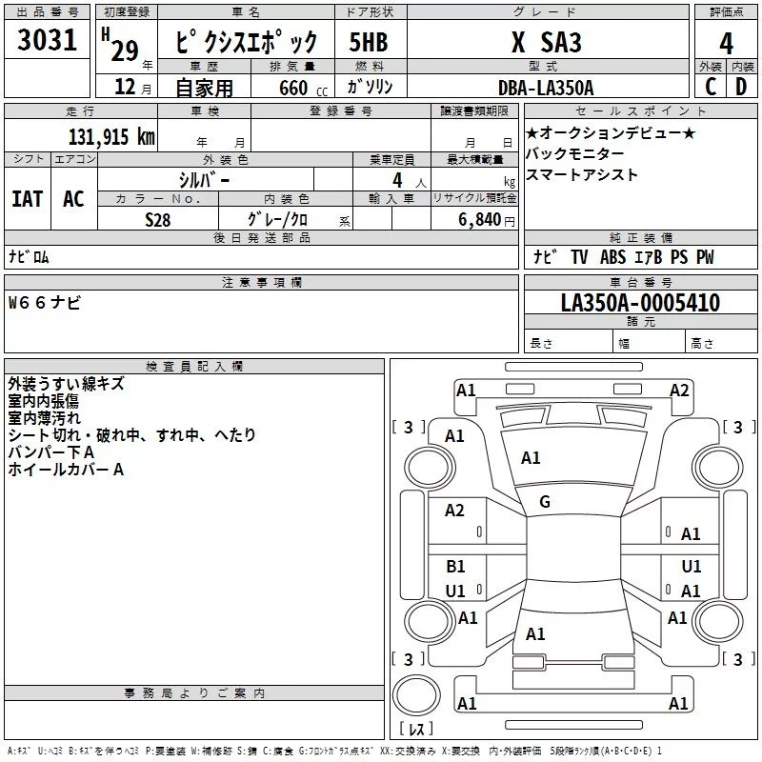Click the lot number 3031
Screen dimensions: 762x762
[48, 43]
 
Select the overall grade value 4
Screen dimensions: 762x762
[727, 43]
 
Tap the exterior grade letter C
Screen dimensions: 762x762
[710, 87]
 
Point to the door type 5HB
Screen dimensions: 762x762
[370, 43]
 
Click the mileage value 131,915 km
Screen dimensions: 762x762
[111, 137]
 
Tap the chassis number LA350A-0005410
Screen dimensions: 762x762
[640, 303]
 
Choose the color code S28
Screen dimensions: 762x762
[158, 219]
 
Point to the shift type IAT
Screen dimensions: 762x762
[27, 198]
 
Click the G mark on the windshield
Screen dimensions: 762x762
[545, 502]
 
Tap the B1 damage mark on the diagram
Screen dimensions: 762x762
[456, 567]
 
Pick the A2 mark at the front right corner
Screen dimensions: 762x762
[679, 390]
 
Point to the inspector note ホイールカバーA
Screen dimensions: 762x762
[66, 469]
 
